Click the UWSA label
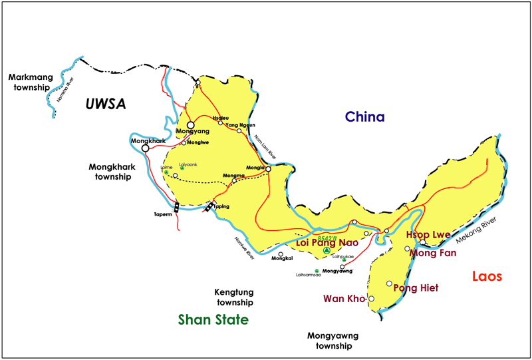click(x=106, y=103)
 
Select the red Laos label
click(x=487, y=276)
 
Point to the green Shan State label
click(x=213, y=320)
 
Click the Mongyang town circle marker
click(x=190, y=124)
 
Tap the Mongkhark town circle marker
click(x=146, y=148)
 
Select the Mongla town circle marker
click(x=269, y=169)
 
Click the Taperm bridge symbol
click(x=176, y=207)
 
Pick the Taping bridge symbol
click(x=209, y=206)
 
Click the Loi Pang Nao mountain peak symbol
click(x=326, y=252)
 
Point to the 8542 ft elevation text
click(x=328, y=238)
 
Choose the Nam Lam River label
click(x=265, y=148)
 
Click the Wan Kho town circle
click(x=372, y=299)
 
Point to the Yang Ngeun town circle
click(x=239, y=131)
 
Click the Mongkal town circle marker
click(x=281, y=254)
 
